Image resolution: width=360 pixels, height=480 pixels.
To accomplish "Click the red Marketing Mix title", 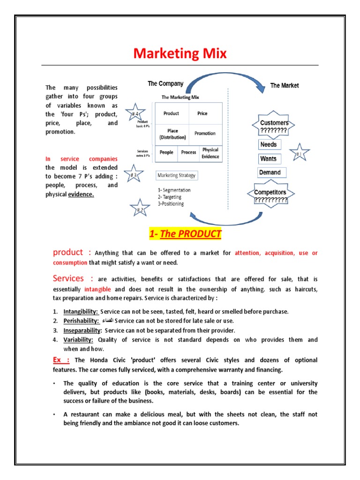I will [180, 53].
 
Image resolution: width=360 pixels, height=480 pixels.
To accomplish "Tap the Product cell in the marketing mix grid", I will [171, 113].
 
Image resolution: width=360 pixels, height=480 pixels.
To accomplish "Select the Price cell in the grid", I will [202, 113].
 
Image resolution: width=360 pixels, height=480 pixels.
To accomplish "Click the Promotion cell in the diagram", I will [205, 133].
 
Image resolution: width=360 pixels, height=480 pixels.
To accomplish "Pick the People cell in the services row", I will [166, 152].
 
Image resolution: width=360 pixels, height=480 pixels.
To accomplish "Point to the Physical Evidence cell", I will [210, 153].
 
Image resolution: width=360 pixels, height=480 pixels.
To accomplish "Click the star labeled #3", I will [134, 175].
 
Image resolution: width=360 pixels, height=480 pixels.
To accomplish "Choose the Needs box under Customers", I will [269, 144].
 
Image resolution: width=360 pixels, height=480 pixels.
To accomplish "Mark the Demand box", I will [270, 172].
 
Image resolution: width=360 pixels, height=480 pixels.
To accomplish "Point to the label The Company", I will [165, 84].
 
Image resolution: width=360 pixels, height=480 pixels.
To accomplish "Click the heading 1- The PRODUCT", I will [185, 233].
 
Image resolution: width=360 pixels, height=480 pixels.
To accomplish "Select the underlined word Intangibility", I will [81, 311].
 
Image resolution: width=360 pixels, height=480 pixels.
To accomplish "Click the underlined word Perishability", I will [81, 321].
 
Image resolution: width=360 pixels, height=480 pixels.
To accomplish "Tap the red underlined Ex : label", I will [61, 360].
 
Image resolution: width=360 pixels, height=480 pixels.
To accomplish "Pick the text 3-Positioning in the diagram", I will [171, 204].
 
